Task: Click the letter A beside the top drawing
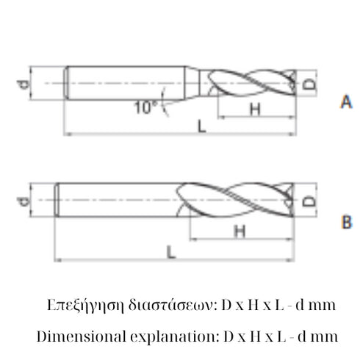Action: coord(345,104)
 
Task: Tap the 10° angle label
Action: coord(146,107)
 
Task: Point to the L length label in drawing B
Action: coord(170,252)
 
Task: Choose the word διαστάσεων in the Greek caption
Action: coord(158,303)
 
